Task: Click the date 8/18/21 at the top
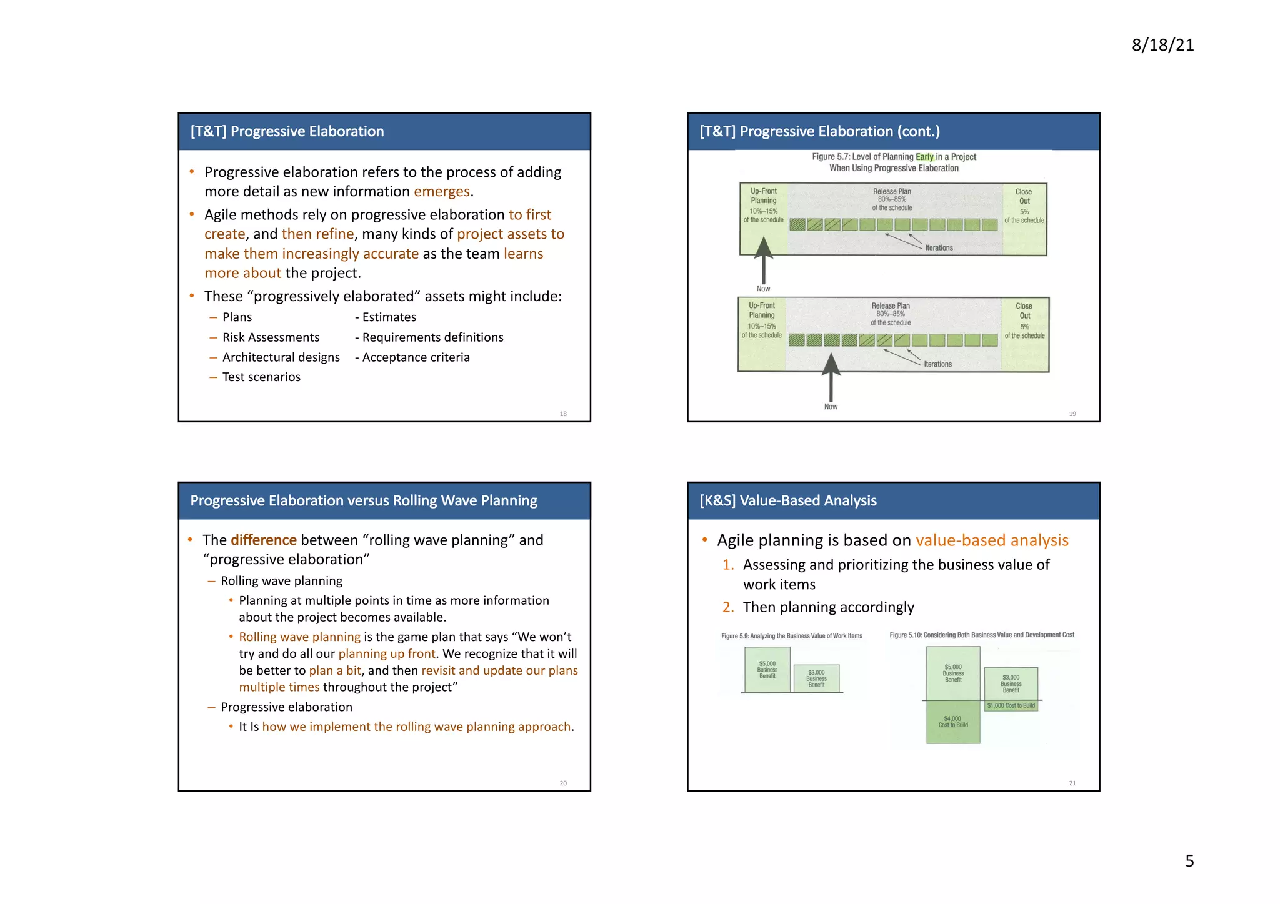coord(1162,45)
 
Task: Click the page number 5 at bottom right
coord(1189,861)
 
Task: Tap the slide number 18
coord(563,414)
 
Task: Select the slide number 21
coord(1072,783)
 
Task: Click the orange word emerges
coord(441,191)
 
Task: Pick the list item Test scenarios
coord(261,377)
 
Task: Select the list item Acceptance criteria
coord(416,357)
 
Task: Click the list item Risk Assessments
coord(271,337)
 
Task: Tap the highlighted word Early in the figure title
coord(924,157)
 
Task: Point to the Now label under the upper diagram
coord(763,289)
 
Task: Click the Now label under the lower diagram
coord(831,407)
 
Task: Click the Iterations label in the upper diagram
coord(939,248)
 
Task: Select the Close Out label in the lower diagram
coord(1024,310)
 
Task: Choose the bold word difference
coord(264,540)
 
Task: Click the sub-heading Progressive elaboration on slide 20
coord(286,707)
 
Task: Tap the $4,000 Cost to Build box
coord(952,722)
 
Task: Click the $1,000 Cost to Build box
coord(1011,706)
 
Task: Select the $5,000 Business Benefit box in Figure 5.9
coord(767,670)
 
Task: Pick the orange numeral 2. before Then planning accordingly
coord(728,607)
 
